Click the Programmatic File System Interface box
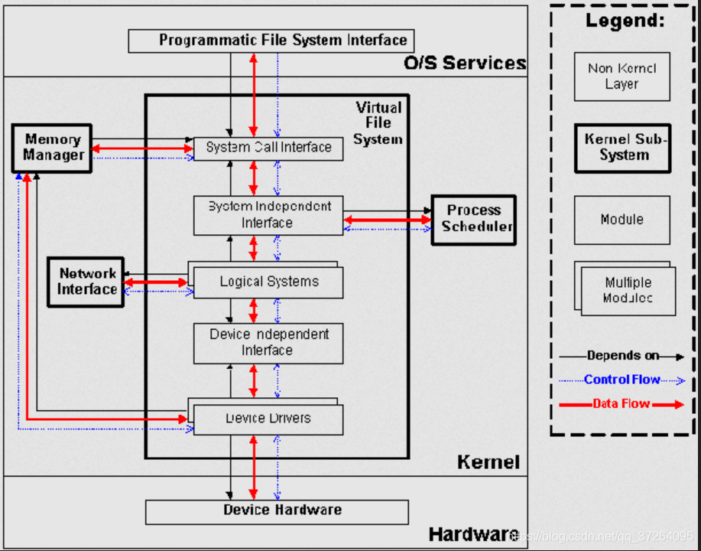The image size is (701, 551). [x=271, y=41]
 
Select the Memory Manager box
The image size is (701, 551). [x=52, y=148]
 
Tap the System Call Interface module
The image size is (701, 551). [x=268, y=148]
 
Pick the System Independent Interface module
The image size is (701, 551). [x=268, y=215]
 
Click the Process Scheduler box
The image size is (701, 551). [x=473, y=219]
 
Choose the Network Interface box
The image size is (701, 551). [x=86, y=282]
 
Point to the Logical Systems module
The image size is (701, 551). [x=269, y=282]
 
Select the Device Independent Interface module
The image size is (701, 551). [x=268, y=343]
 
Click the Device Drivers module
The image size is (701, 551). [x=268, y=419]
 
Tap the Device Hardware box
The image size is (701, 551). [x=277, y=511]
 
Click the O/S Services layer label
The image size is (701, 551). [x=465, y=63]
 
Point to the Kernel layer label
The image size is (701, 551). [x=488, y=462]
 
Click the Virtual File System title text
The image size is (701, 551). [x=378, y=123]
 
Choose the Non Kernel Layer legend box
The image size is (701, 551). [x=621, y=77]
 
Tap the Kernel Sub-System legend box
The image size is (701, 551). [x=622, y=148]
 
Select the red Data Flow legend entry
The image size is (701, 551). [x=621, y=404]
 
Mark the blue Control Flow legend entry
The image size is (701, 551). [x=621, y=380]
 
